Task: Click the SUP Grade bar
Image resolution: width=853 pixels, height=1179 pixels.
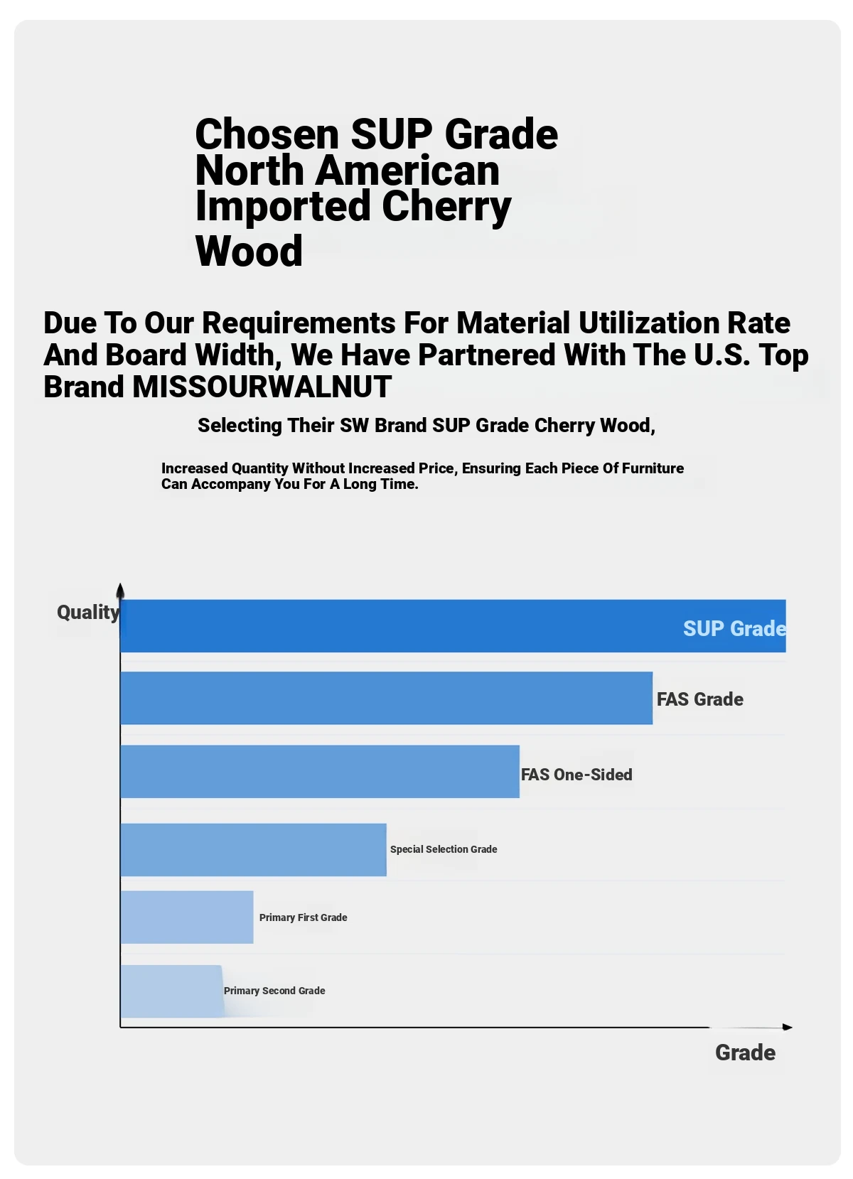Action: click(398, 626)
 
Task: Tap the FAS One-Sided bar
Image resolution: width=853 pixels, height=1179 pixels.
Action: click(320, 772)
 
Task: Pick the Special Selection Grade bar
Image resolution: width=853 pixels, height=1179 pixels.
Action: click(253, 850)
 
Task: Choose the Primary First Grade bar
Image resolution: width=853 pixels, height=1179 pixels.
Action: click(187, 917)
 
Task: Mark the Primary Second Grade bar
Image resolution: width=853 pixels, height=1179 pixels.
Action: click(171, 991)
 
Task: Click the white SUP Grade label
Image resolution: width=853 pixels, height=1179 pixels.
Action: click(734, 629)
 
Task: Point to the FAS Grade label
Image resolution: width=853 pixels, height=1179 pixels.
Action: click(699, 699)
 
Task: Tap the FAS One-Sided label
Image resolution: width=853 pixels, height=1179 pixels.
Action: click(576, 775)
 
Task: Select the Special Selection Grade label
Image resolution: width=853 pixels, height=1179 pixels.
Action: click(444, 849)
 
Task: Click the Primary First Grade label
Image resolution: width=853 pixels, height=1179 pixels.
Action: click(303, 917)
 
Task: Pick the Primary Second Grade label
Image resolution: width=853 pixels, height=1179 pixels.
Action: click(274, 991)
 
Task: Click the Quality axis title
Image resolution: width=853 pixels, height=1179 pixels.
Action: click(88, 613)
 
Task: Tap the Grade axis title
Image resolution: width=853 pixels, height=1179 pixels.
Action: click(745, 1053)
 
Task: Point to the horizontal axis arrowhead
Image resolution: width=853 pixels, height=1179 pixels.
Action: click(787, 1027)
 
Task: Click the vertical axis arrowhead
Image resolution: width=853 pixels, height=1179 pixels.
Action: click(120, 591)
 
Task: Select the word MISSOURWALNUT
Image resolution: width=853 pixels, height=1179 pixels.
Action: click(262, 387)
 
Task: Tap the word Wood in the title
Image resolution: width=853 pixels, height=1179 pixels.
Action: click(249, 251)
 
